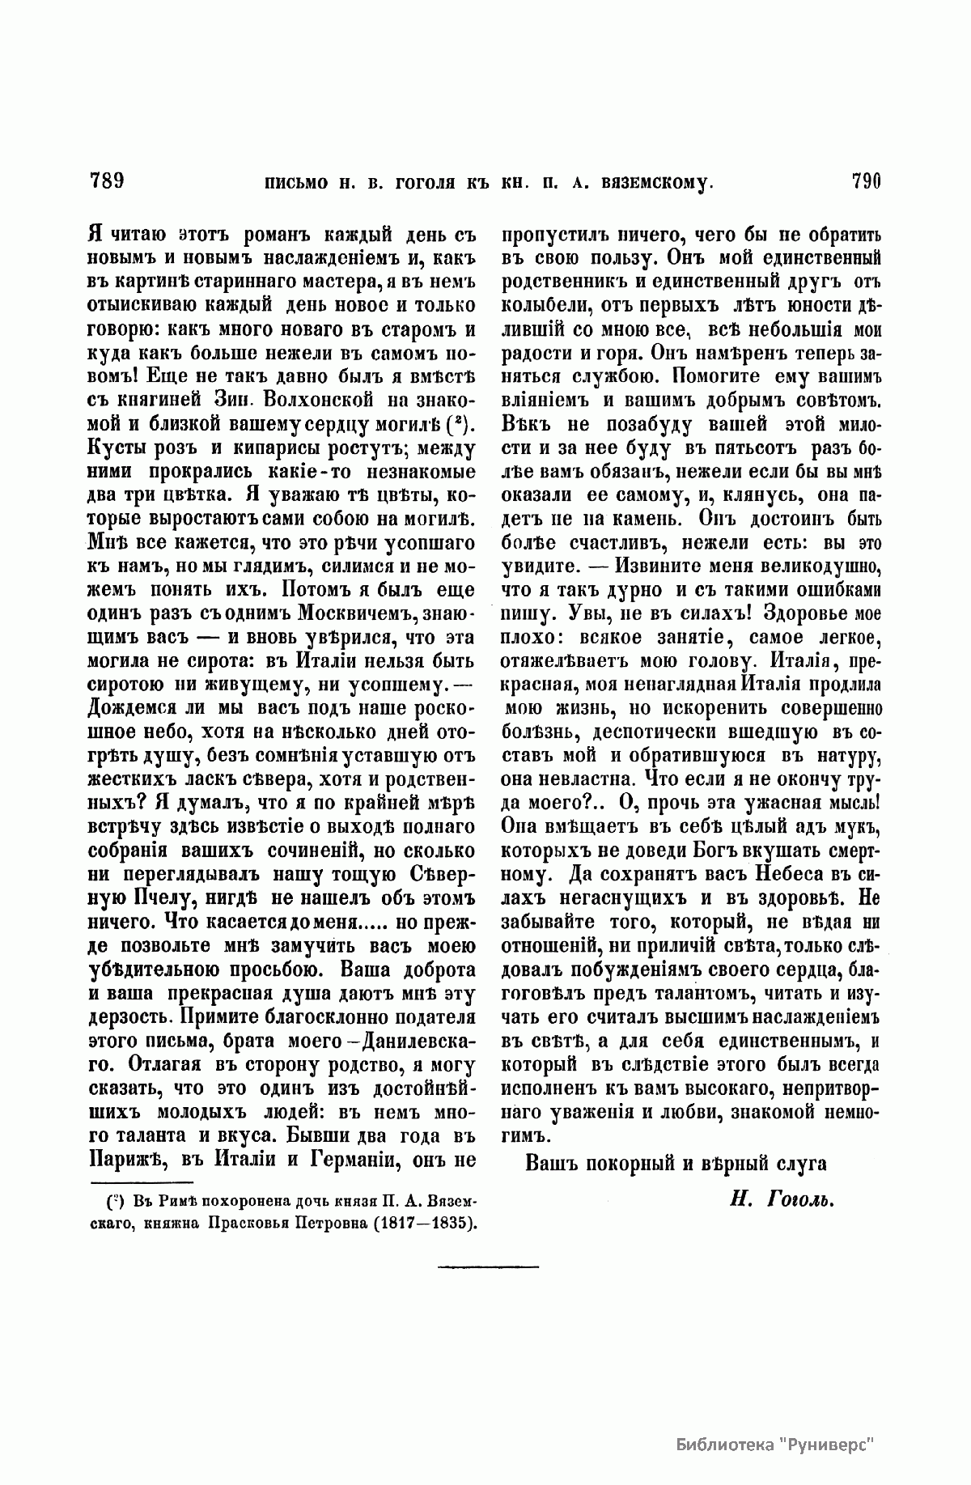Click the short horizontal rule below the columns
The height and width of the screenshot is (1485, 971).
coord(488,1265)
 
